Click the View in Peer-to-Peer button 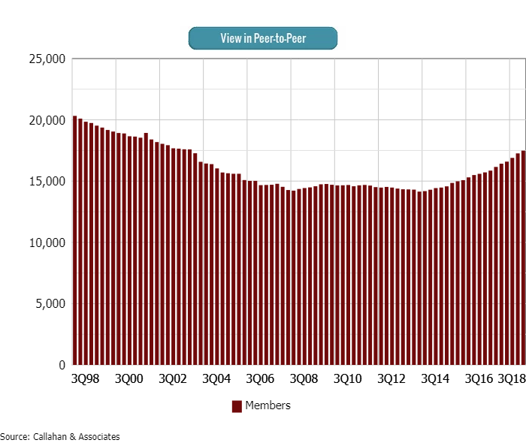(263, 38)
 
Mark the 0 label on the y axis (62, 366)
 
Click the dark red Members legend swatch (237, 406)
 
